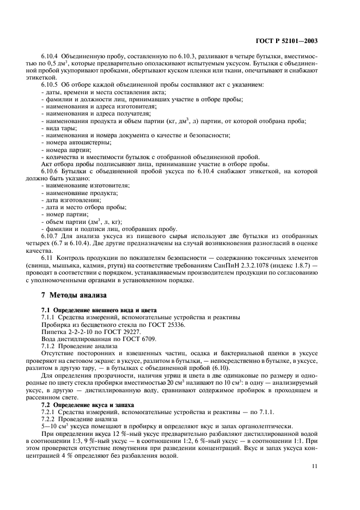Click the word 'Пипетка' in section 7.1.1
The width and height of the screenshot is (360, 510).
point(53,330)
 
